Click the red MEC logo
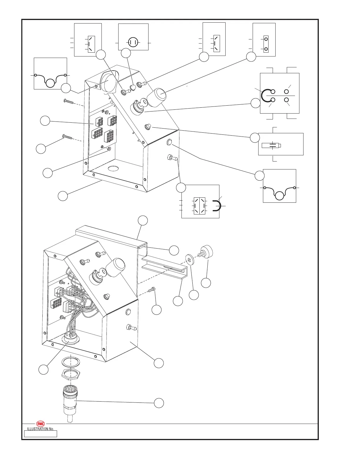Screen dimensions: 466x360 tap(40, 424)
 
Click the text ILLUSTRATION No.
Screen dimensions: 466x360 tap(40, 429)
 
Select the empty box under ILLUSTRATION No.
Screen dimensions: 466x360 tap(40, 434)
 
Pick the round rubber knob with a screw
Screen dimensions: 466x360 tap(206, 251)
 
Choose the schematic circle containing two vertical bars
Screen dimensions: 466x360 tap(133, 43)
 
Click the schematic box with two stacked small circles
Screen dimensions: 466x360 tap(266, 44)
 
